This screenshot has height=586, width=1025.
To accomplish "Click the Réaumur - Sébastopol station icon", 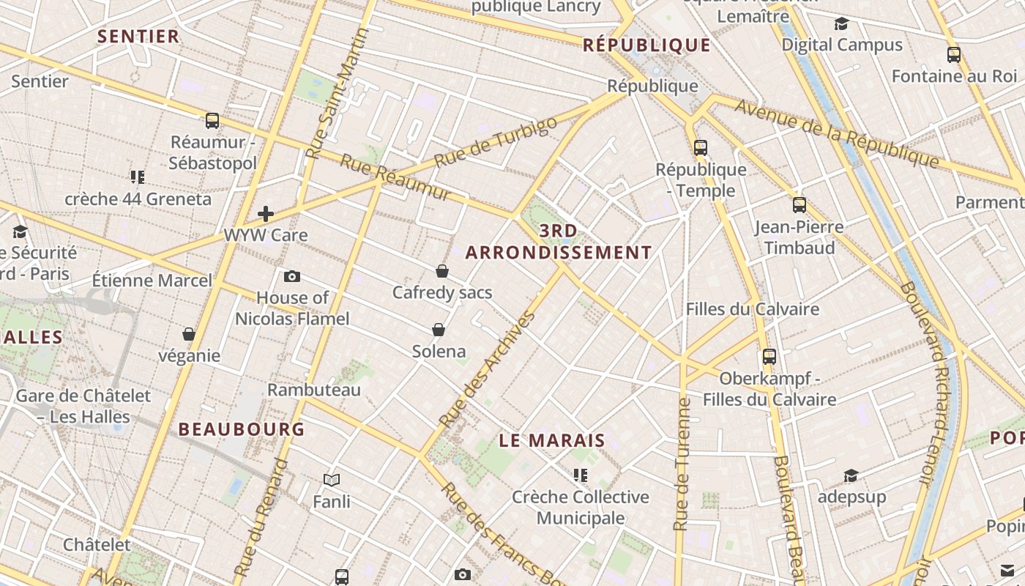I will click(212, 121).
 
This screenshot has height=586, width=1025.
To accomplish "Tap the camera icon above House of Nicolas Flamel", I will click(292, 276).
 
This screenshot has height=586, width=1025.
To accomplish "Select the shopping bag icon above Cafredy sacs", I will click(442, 271).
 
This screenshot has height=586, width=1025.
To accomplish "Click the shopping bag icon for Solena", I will click(439, 330).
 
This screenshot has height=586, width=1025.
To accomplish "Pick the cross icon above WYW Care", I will click(266, 214).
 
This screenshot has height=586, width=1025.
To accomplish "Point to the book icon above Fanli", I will click(332, 481).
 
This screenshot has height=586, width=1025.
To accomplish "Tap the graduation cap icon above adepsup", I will click(851, 476).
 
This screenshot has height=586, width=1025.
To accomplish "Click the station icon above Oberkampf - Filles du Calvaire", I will click(769, 357).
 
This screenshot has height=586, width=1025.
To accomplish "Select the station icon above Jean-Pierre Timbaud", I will click(799, 205).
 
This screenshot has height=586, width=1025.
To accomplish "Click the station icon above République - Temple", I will click(701, 148).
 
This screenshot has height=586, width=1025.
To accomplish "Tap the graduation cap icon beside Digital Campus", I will click(841, 24).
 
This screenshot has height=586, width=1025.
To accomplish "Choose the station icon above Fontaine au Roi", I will click(954, 55).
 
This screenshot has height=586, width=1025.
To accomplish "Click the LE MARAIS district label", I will click(553, 440).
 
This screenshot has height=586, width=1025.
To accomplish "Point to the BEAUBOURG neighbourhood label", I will click(242, 429).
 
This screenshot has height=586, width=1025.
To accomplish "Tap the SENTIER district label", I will click(138, 37).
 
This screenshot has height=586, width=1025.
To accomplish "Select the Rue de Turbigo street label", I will click(495, 141).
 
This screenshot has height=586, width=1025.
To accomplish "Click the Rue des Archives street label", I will click(488, 370).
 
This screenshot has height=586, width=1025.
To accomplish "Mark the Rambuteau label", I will click(314, 390).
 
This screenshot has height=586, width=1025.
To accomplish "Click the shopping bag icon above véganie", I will click(189, 335).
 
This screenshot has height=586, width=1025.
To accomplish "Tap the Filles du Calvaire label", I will click(752, 308).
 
